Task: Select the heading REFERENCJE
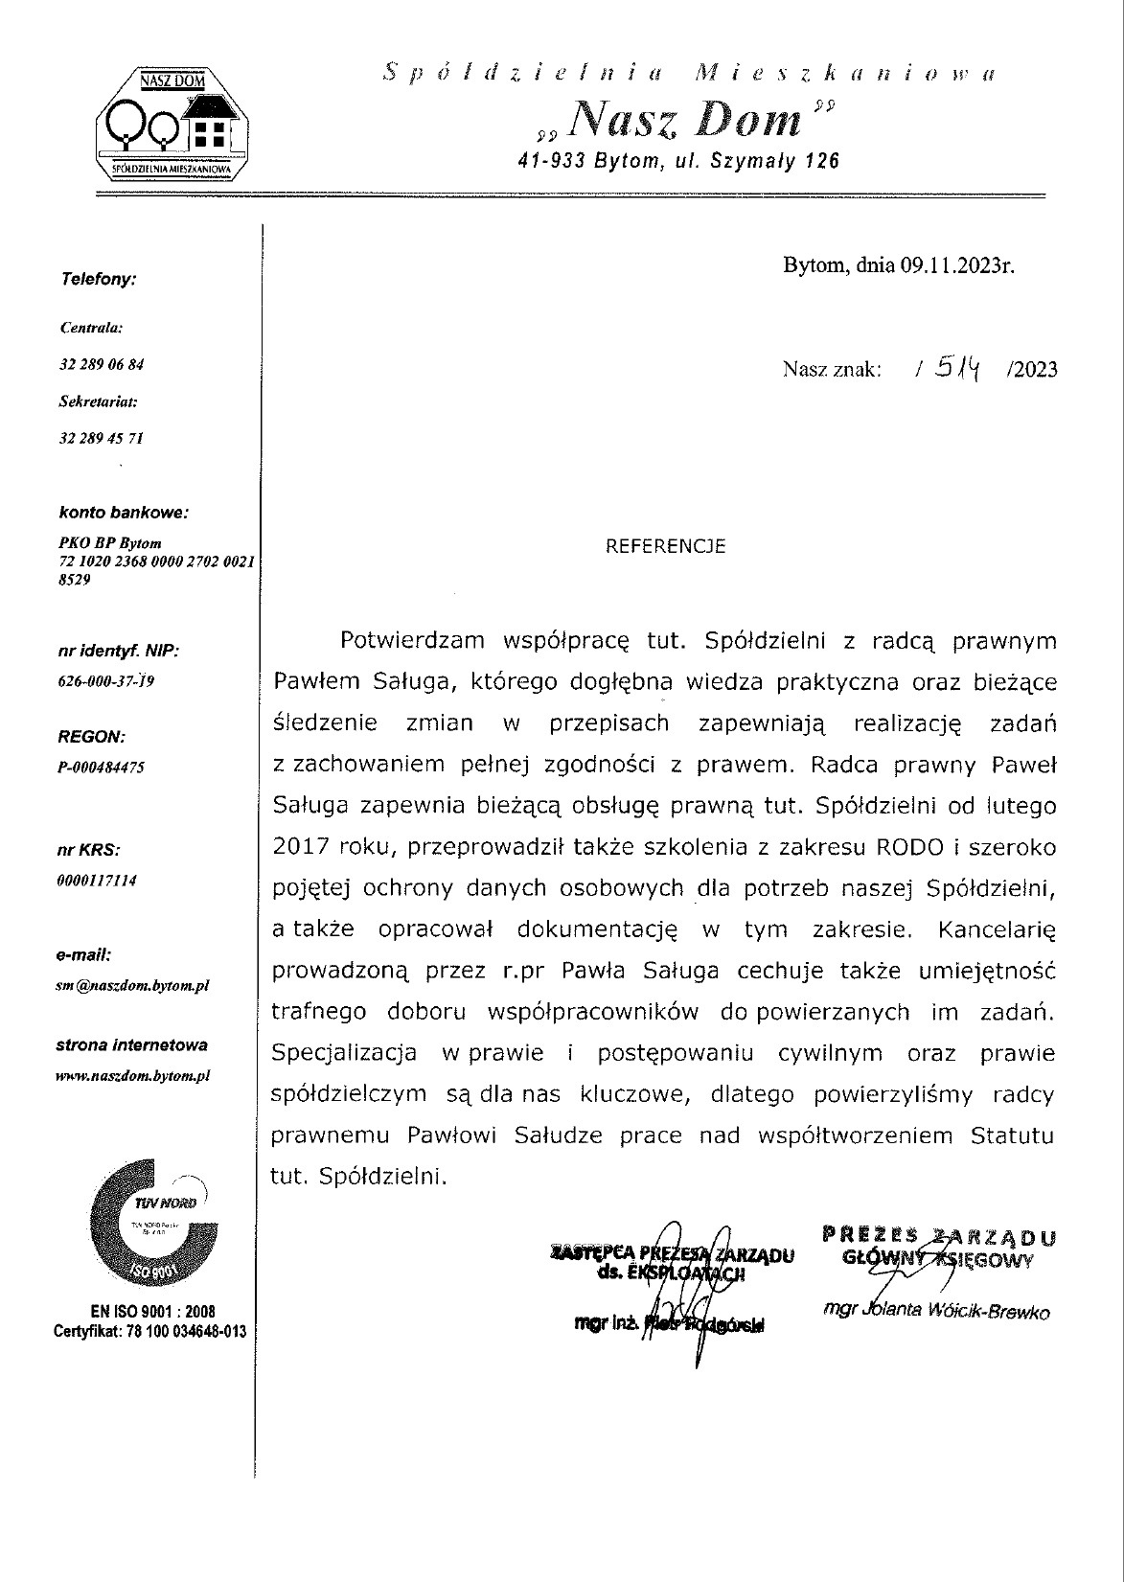point(666,547)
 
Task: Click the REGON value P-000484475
point(102,768)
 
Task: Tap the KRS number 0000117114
point(97,881)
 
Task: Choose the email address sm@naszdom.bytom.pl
point(133,985)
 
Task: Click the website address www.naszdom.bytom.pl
point(133,1076)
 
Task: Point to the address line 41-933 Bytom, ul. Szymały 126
point(677,161)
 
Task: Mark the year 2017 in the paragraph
point(301,847)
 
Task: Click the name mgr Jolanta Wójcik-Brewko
point(936,1312)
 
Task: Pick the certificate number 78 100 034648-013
point(176,1331)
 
